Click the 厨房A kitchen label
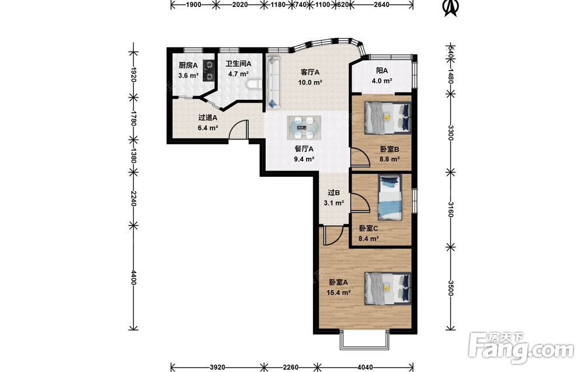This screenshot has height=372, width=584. (187, 65)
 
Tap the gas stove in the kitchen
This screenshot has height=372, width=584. (209, 71)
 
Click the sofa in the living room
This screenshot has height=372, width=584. (273, 83)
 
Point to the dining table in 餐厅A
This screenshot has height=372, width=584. (304, 127)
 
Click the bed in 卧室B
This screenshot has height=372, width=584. (387, 117)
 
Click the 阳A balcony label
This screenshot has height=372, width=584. (382, 71)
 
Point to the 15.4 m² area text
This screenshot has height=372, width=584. (338, 293)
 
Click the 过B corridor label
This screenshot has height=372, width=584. (333, 193)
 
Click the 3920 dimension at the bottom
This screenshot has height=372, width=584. (217, 367)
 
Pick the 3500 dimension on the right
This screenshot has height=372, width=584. (450, 288)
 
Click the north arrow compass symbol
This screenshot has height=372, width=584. (451, 8)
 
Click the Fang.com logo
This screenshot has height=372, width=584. (521, 348)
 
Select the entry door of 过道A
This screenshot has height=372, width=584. (239, 130)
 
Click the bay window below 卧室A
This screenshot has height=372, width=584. (365, 340)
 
